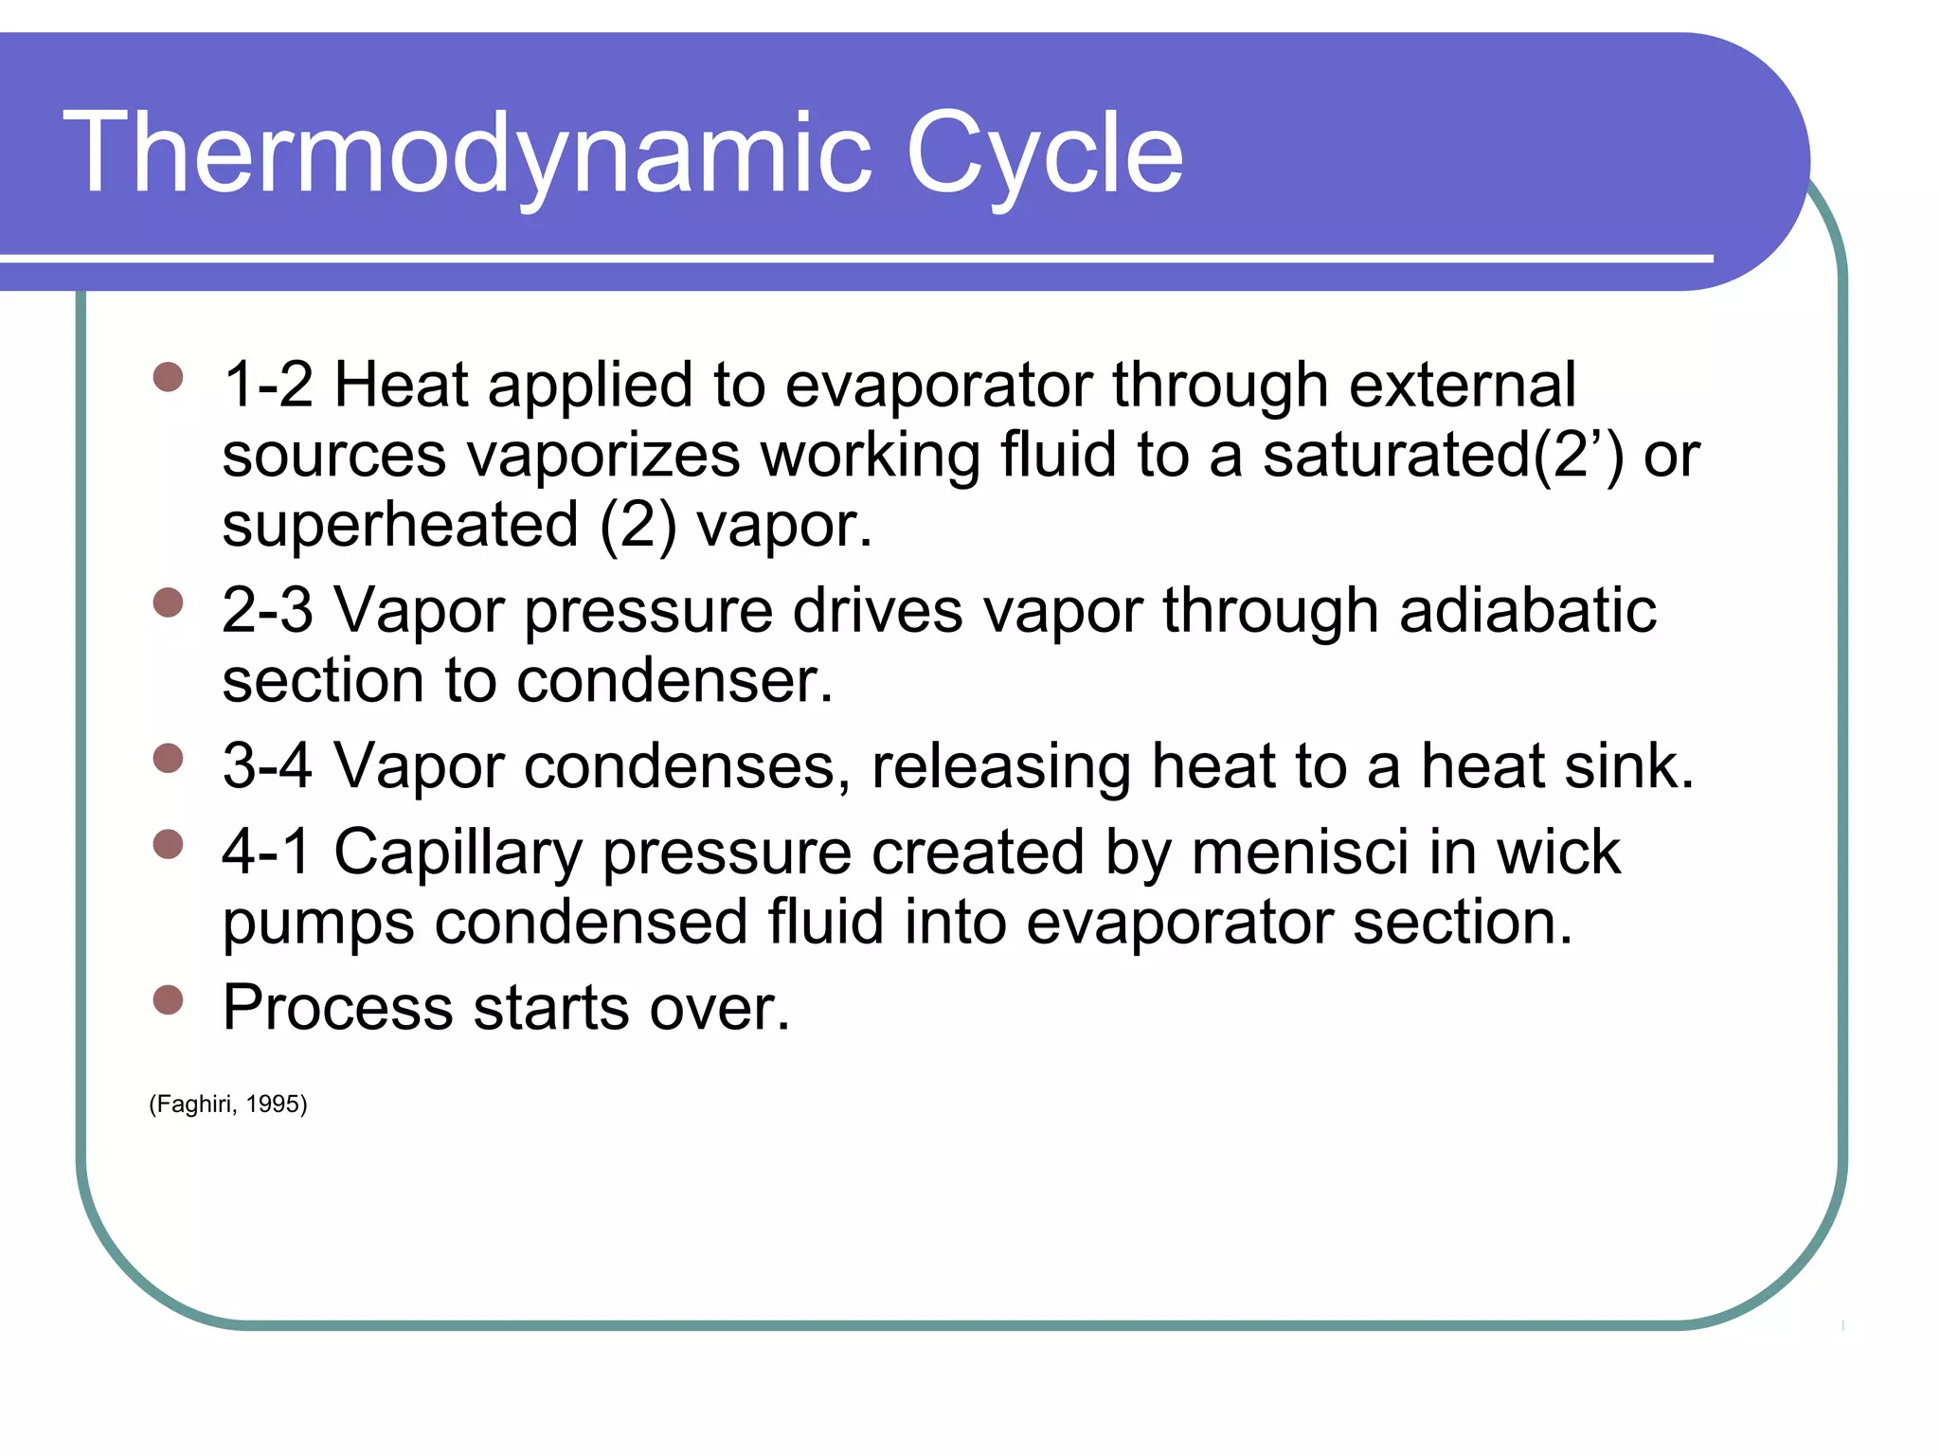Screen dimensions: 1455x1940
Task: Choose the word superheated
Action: point(400,525)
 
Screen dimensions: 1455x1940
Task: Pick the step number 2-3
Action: point(267,610)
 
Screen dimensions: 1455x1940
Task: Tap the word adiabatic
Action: point(1527,610)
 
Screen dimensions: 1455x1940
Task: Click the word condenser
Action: point(674,680)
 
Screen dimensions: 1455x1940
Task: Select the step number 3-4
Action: point(267,765)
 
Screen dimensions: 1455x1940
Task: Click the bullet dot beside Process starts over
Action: point(168,999)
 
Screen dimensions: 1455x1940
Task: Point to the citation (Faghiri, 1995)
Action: point(228,1105)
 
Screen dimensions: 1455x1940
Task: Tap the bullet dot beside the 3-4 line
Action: point(168,758)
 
